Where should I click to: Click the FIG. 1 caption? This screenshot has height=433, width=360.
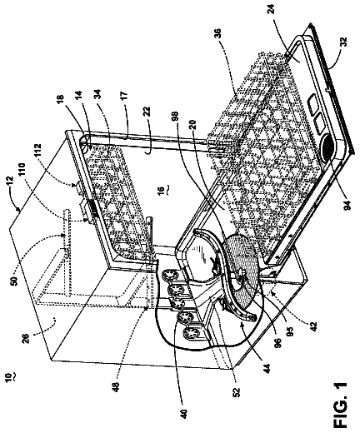[340, 406]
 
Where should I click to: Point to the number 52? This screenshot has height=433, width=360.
[237, 392]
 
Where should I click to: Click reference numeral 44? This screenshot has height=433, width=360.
[267, 368]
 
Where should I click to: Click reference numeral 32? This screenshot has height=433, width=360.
[344, 42]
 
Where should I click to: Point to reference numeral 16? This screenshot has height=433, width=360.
[160, 189]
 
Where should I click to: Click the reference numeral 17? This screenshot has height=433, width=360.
[124, 96]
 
